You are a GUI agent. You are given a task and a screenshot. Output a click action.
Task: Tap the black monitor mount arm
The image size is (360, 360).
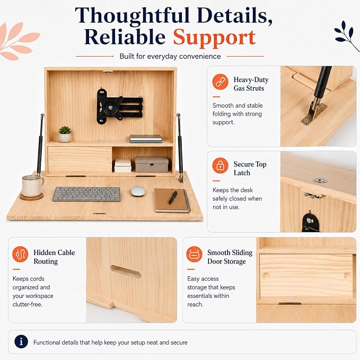point(119,106)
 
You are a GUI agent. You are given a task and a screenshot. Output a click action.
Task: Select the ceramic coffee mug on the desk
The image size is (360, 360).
point(32,186)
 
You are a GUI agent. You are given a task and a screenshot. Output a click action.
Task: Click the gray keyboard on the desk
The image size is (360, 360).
point(86,194)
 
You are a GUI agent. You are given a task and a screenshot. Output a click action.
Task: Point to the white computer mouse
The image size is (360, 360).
point(138,191)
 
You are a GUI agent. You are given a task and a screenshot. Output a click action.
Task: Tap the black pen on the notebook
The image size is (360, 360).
point(173,197)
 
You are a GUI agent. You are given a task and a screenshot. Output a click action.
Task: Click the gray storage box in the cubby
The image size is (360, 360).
point(152,164)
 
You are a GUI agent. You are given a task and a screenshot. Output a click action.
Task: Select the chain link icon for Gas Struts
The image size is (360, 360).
point(220,82)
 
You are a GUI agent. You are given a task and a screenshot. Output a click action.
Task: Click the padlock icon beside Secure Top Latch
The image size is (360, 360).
point(220,165)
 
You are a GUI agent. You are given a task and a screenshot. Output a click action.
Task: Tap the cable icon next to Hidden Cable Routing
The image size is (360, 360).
point(20,254)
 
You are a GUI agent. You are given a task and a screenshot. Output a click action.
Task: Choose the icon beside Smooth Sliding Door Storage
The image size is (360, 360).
point(194,254)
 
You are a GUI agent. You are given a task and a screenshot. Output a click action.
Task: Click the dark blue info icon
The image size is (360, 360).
point(21,341)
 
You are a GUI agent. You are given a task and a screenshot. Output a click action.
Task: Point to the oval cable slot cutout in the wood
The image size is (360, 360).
point(126,271)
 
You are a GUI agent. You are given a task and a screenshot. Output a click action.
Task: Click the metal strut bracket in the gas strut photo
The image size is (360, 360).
point(314,113)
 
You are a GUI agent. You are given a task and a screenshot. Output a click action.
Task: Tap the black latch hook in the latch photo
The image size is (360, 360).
point(310,222)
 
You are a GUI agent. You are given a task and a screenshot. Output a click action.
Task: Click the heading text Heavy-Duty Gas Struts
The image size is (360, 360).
point(251,84)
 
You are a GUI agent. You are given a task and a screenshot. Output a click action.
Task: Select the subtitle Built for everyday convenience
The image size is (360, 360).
point(170,56)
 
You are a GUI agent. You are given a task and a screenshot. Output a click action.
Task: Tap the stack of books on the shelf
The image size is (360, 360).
point(146,139)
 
